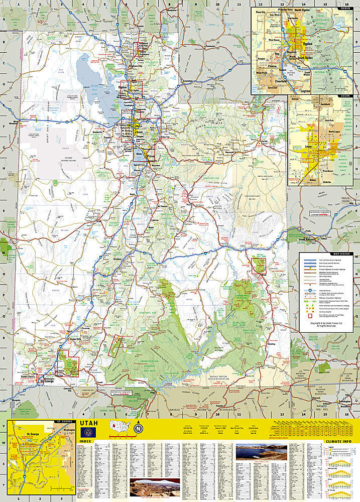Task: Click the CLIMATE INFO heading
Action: click(x=339, y=441)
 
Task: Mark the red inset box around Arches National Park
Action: click(x=259, y=265)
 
